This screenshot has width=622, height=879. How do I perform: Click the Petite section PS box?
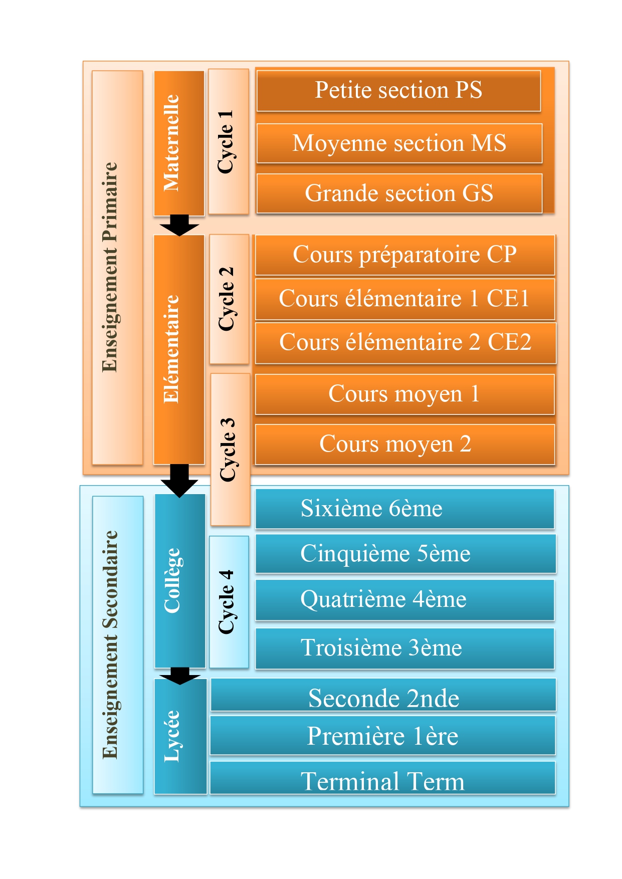(398, 91)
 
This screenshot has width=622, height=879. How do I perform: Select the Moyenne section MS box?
(399, 143)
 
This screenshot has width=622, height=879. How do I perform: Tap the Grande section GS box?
(399, 193)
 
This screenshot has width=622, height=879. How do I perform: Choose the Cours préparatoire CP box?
(405, 255)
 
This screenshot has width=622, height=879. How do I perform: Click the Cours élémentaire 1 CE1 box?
(405, 299)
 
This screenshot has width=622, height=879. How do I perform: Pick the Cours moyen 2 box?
(405, 444)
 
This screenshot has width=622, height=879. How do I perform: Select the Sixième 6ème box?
(405, 509)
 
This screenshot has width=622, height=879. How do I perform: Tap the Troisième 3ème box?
(405, 648)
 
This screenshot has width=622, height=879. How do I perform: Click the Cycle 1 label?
(229, 142)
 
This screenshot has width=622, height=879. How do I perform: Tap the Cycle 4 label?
(229, 602)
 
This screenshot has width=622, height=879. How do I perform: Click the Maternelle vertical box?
(179, 143)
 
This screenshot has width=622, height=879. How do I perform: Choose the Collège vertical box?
(179, 581)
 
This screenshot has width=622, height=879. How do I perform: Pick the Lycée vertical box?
(180, 737)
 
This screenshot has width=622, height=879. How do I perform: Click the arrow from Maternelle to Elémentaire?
(179, 226)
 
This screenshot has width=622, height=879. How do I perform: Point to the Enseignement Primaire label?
(117, 268)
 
